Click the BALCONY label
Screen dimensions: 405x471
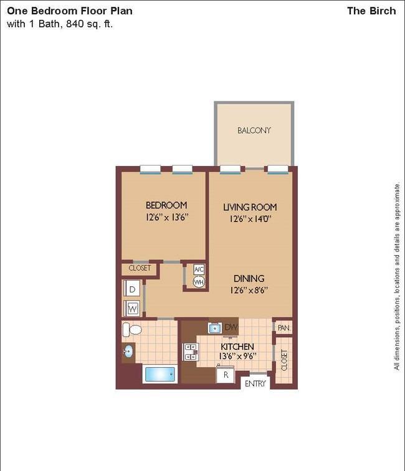(254, 131)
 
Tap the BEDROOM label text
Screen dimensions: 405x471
(166, 205)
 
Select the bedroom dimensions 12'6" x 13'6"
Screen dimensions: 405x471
(167, 217)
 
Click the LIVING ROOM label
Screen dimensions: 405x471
(250, 207)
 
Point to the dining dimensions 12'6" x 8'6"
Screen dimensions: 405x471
(249, 290)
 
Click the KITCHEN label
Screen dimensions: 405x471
(237, 347)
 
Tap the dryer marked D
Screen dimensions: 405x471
(132, 289)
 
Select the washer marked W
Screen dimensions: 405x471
(132, 308)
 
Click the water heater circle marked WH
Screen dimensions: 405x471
(199, 282)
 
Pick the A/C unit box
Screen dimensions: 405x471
(199, 269)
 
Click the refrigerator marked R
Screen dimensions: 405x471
(226, 375)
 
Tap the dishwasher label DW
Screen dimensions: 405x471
(231, 327)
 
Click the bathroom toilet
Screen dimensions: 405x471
(132, 330)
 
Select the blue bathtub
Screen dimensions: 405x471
(160, 374)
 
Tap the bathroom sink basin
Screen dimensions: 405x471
(128, 351)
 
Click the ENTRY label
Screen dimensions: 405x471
(255, 384)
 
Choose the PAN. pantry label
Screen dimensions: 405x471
(283, 328)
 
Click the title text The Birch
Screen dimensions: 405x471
(371, 11)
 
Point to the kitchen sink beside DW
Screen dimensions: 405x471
(215, 328)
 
